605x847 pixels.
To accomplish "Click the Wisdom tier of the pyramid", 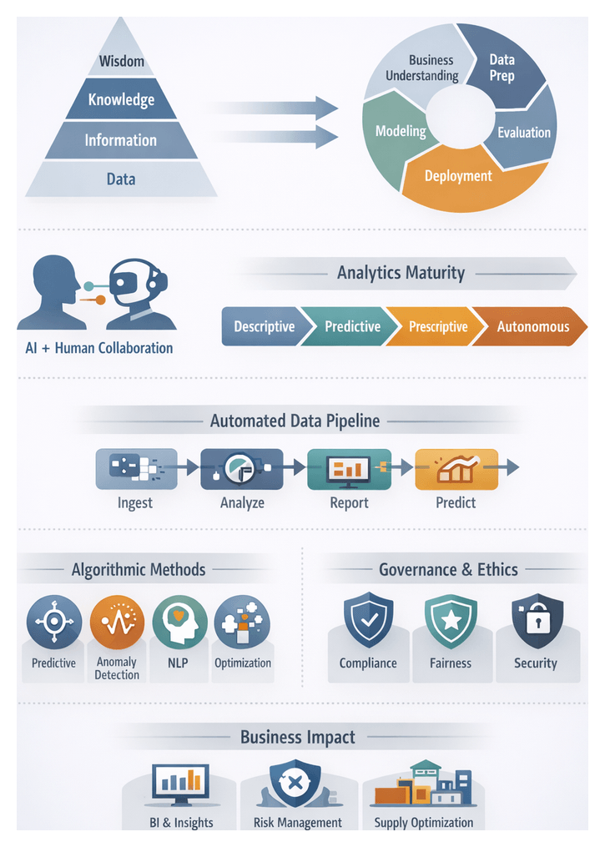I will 122,61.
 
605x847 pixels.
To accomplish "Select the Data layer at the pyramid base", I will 121,179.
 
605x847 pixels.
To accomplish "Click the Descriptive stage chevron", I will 262,326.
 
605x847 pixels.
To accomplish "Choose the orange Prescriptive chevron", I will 436,326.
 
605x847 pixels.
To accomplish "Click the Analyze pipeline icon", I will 242,468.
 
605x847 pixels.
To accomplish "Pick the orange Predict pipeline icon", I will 456,468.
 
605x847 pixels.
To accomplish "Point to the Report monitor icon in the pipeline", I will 349,468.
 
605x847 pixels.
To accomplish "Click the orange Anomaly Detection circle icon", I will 117,622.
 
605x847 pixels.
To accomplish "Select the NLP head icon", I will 179,623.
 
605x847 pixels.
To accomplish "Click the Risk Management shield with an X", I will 295,784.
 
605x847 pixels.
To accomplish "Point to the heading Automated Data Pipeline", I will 295,421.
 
